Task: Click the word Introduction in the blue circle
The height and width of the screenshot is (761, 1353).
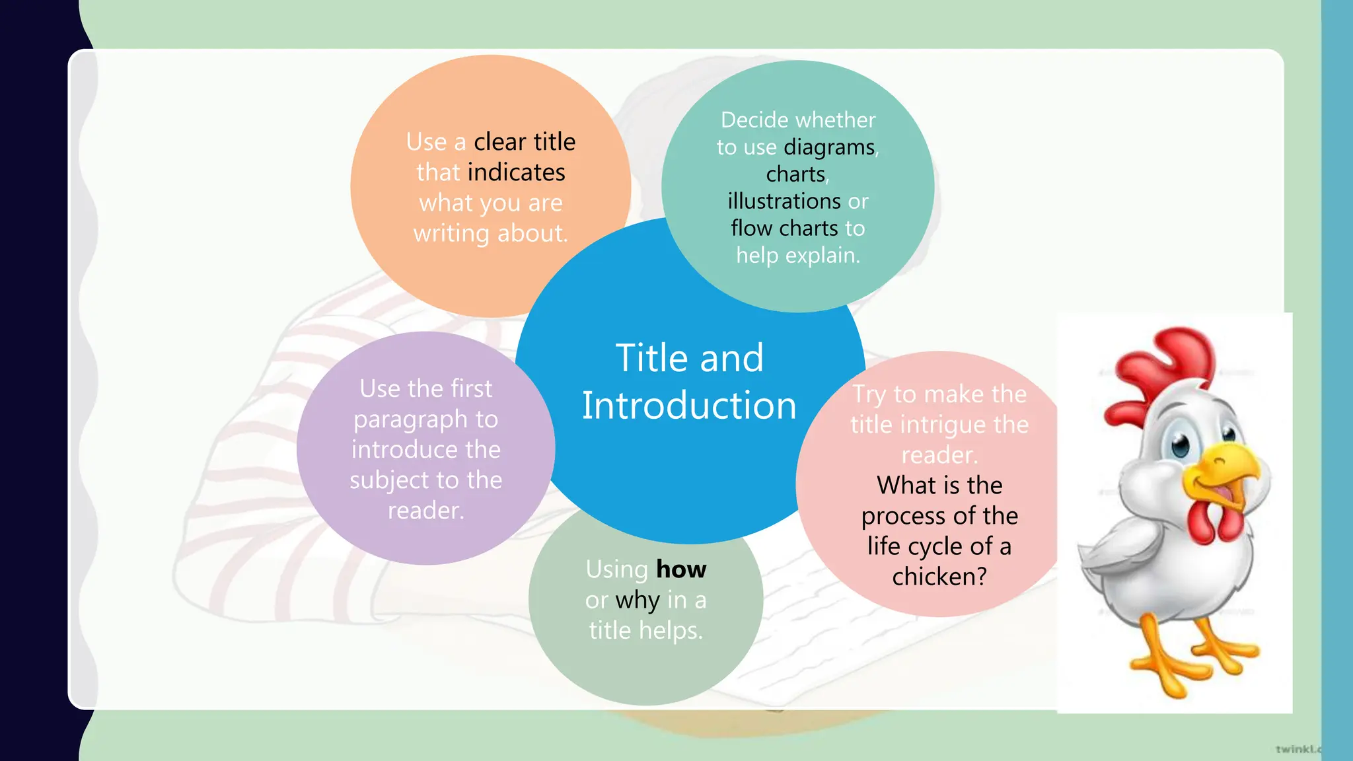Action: (x=689, y=405)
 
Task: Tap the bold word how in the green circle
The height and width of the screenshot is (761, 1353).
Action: (x=681, y=569)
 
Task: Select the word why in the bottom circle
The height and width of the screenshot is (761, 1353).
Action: (x=638, y=600)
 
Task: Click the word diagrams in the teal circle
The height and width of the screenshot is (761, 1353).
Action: (x=829, y=147)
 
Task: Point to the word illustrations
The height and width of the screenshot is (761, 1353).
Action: (x=784, y=201)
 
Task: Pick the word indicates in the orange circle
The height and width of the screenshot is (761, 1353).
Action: (x=516, y=172)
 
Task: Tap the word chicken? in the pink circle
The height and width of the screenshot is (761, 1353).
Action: (x=939, y=577)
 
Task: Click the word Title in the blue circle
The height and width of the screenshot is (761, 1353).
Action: (x=652, y=358)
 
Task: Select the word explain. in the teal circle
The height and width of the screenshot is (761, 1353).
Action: (x=828, y=255)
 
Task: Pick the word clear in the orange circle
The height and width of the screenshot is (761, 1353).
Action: (x=500, y=142)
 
